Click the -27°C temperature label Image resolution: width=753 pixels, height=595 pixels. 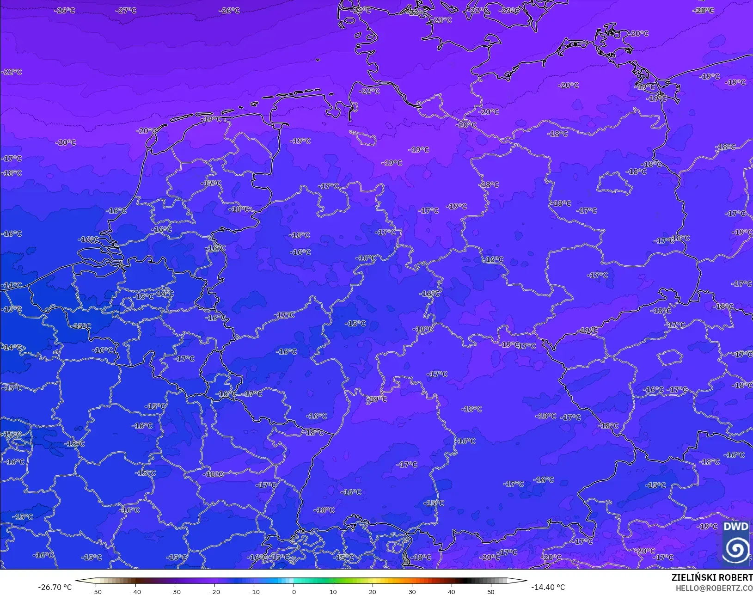pyautogui.click(x=126, y=10)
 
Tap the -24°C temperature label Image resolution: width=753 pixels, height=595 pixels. pyautogui.click(x=361, y=10)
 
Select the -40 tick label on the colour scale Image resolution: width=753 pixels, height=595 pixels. pyautogui.click(x=135, y=591)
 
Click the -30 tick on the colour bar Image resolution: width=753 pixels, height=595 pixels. pyautogui.click(x=175, y=591)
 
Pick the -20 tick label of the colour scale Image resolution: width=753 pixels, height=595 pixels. pyautogui.click(x=214, y=591)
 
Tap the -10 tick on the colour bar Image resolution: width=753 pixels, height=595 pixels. pyautogui.click(x=254, y=591)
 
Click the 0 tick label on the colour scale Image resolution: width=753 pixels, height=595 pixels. pyautogui.click(x=294, y=591)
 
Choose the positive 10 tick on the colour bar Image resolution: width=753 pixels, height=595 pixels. pyautogui.click(x=333, y=591)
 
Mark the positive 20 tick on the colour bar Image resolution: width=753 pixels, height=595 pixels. pyautogui.click(x=373, y=591)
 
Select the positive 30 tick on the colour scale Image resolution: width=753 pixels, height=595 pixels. pyautogui.click(x=412, y=591)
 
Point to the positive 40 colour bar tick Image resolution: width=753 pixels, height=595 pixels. pyautogui.click(x=452, y=591)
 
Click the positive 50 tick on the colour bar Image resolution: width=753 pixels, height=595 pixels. pyautogui.click(x=491, y=591)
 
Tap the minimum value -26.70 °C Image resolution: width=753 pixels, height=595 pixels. pyautogui.click(x=55, y=587)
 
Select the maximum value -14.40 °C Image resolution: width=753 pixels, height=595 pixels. pyautogui.click(x=548, y=587)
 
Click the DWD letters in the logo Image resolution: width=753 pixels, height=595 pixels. pyautogui.click(x=735, y=527)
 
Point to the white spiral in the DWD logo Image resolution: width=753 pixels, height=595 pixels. pyautogui.click(x=735, y=549)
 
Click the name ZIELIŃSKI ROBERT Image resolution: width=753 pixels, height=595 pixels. pyautogui.click(x=712, y=578)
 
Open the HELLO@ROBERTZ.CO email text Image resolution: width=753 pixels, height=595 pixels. pyautogui.click(x=714, y=588)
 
